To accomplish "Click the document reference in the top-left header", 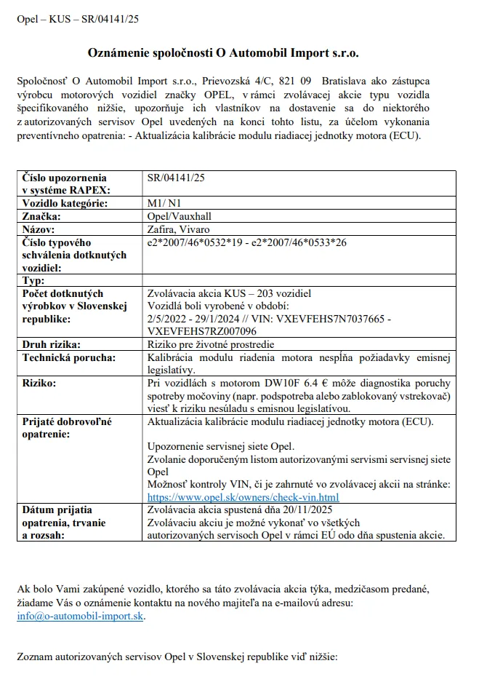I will (x=77, y=18).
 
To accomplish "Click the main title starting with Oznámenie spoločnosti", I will (x=223, y=53).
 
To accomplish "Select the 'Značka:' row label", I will (x=41, y=216).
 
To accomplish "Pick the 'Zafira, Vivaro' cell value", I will (x=180, y=229).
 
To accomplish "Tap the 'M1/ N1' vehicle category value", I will (x=165, y=203).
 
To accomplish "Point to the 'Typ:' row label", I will (x=33, y=280).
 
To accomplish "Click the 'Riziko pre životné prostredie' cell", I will (x=211, y=344).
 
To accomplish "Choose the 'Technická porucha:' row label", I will (x=69, y=357).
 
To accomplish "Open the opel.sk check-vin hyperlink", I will (x=243, y=497).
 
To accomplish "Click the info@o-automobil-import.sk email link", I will (x=80, y=616).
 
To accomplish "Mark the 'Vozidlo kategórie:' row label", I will (x=65, y=203).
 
